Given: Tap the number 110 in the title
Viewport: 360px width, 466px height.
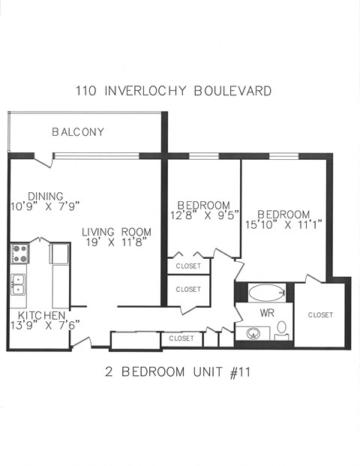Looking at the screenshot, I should point(86,92).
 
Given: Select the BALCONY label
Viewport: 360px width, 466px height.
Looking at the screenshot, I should point(78,132).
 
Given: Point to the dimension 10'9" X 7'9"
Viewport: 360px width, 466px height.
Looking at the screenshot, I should point(45,206).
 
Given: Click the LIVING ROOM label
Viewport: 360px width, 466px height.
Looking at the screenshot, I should point(116,232).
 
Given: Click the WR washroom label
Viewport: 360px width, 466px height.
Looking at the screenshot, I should point(266,311).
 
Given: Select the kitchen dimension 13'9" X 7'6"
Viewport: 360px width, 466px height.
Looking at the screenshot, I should point(45,325).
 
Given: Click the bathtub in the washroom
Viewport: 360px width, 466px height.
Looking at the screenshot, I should point(265,293).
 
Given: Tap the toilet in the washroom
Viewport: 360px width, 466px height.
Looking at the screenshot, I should point(282,328).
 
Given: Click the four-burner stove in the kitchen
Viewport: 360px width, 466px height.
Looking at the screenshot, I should point(19,254).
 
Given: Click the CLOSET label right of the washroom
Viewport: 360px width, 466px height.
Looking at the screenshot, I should point(320,314).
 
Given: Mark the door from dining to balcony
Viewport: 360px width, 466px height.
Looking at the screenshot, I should point(43,160).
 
